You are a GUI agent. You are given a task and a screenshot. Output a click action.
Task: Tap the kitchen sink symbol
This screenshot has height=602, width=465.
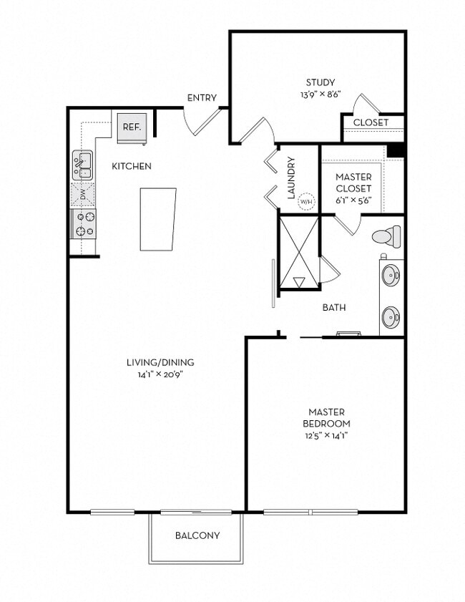[83, 165]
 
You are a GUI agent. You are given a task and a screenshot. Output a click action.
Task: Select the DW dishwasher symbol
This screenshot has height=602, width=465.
[83, 194]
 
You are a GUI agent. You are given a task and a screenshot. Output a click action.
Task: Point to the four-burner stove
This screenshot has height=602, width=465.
[83, 223]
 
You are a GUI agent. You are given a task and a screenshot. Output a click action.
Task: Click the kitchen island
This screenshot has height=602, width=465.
[157, 219]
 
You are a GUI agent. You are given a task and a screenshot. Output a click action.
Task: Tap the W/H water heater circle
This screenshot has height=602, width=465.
[306, 203]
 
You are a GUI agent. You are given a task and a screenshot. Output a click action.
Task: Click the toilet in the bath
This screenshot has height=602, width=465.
[388, 236]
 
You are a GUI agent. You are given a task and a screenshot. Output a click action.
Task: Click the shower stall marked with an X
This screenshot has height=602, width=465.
[298, 251]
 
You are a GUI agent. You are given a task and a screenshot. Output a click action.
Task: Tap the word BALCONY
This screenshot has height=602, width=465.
[197, 535]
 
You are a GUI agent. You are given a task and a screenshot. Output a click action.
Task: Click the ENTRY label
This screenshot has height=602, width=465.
[202, 98]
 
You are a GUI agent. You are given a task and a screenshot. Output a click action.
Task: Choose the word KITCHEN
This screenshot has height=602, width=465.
[132, 166]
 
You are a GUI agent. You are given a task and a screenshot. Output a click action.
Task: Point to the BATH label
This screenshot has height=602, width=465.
[334, 308]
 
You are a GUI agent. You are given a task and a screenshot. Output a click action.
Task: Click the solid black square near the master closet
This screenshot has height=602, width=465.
[396, 150]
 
